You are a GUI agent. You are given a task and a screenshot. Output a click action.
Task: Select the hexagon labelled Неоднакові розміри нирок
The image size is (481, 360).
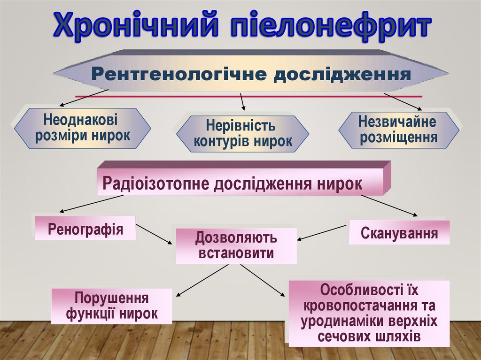(83, 128)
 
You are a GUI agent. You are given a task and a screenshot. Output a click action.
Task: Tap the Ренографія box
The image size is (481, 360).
(85, 229)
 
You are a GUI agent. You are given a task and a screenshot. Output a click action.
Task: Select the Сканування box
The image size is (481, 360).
(399, 233)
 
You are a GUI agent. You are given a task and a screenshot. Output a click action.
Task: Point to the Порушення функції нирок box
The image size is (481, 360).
(112, 306)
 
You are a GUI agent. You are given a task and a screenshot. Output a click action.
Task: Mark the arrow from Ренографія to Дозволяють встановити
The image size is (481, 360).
(155, 234)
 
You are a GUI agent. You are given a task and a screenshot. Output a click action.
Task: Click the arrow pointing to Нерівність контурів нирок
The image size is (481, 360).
(242, 102)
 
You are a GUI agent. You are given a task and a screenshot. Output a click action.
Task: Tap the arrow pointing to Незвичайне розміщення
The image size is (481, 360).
(403, 101)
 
